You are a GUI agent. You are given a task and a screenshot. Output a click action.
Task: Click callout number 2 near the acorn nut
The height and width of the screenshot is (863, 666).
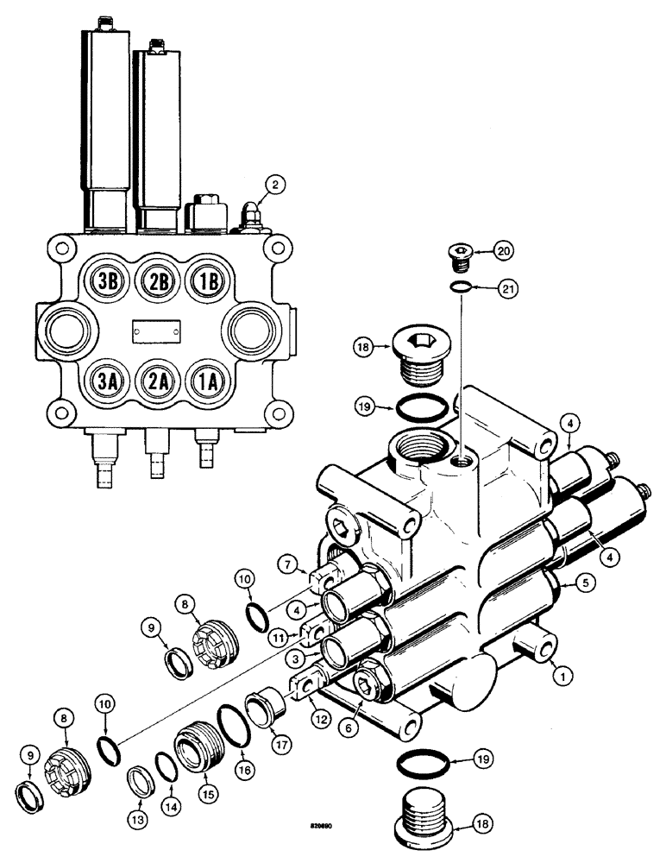click(274, 185)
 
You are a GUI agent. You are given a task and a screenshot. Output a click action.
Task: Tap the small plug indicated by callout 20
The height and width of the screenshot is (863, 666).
click(458, 253)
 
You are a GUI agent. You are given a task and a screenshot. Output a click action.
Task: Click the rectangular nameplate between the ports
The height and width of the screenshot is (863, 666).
click(156, 330)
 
